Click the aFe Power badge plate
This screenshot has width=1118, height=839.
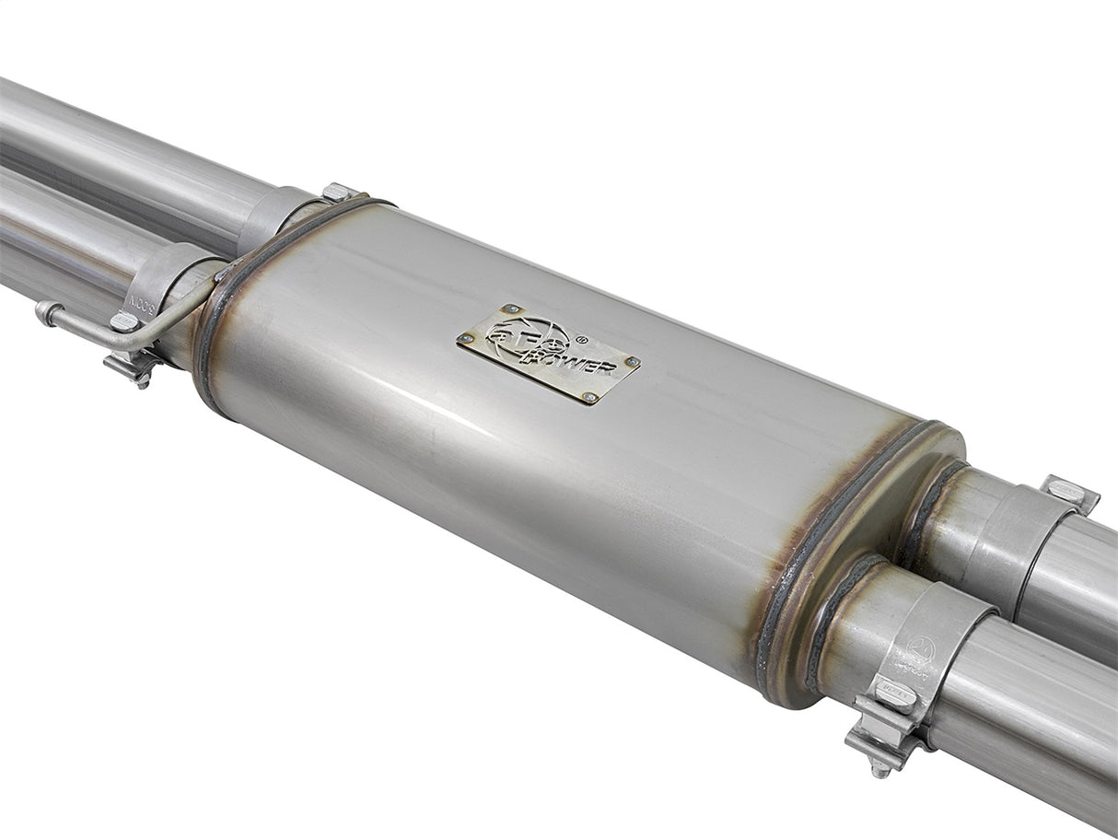(548, 354)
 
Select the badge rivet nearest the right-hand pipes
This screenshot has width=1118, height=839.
(631, 361)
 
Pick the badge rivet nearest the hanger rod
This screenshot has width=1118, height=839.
(467, 339)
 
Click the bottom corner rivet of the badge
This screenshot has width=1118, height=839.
(589, 397)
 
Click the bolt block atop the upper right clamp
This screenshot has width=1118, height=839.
(1068, 493)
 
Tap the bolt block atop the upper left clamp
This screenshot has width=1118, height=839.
(338, 192)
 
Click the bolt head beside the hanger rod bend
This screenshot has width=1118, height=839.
(123, 321)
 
